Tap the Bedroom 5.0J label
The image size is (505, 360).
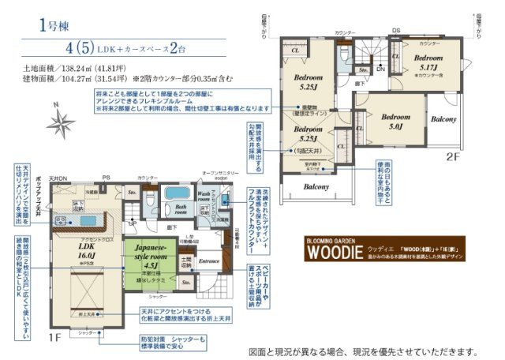tap(392, 121)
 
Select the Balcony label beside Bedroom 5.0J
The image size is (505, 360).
tap(444, 119)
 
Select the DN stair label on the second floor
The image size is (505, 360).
tap(380, 69)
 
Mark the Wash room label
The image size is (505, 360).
tap(204, 196)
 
